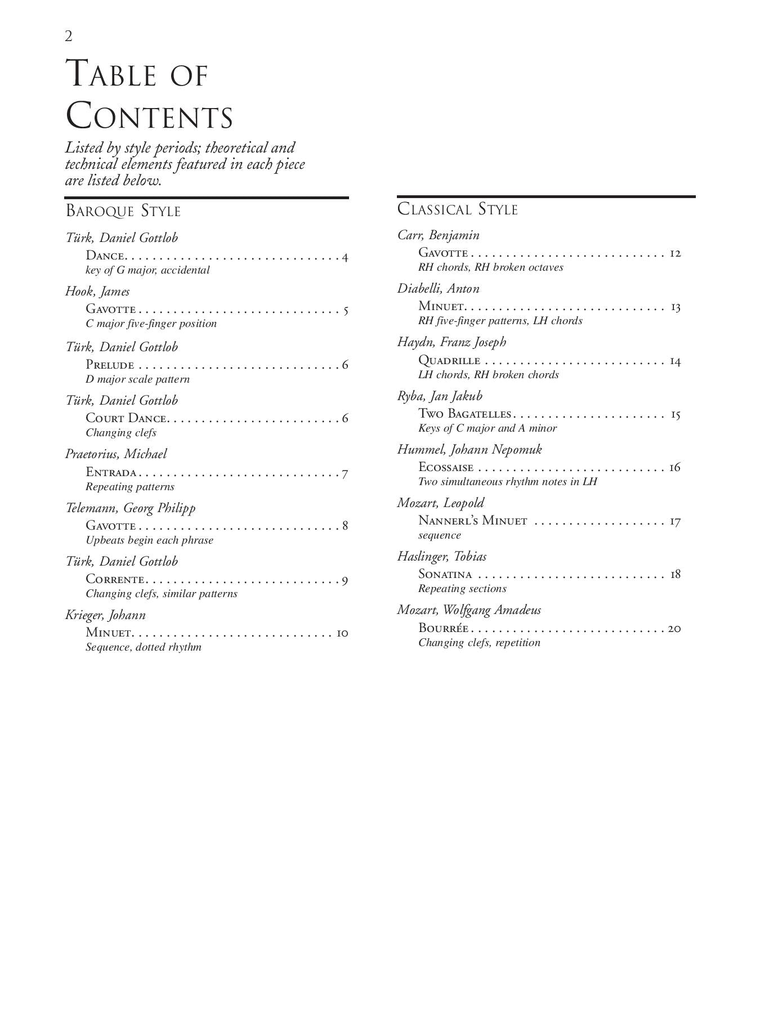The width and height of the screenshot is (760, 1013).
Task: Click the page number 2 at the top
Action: pyautogui.click(x=69, y=37)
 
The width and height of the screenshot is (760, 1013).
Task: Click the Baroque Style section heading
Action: pyautogui.click(x=123, y=211)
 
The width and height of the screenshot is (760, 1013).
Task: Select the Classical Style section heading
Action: pyautogui.click(x=457, y=209)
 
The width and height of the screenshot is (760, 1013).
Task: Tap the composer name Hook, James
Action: pyautogui.click(x=97, y=292)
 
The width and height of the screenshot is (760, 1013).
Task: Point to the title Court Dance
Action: pyautogui.click(x=126, y=418)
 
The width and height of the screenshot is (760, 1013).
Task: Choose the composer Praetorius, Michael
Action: pyautogui.click(x=116, y=454)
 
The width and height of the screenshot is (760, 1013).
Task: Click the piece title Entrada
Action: pyautogui.click(x=111, y=472)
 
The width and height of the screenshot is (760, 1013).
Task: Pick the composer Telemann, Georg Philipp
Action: pyautogui.click(x=131, y=508)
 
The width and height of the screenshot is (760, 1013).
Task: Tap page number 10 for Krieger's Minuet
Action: pyautogui.click(x=342, y=633)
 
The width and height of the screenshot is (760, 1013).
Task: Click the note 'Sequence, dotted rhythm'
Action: pyautogui.click(x=144, y=647)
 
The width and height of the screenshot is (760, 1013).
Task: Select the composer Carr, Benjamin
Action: pyautogui.click(x=439, y=235)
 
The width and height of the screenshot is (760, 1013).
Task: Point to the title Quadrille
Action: pyautogui.click(x=449, y=361)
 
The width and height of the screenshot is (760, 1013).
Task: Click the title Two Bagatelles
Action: pyautogui.click(x=464, y=414)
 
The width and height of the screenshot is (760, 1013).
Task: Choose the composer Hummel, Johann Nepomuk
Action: pyautogui.click(x=470, y=450)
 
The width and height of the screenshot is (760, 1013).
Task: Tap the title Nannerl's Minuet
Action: pyautogui.click(x=473, y=521)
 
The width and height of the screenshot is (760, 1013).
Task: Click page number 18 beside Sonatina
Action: pyautogui.click(x=675, y=574)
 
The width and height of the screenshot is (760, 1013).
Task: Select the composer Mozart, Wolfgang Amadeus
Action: pyautogui.click(x=469, y=610)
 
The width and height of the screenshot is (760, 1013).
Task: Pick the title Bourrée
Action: pyautogui.click(x=444, y=628)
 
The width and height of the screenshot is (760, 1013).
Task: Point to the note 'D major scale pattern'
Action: pyautogui.click(x=138, y=379)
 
